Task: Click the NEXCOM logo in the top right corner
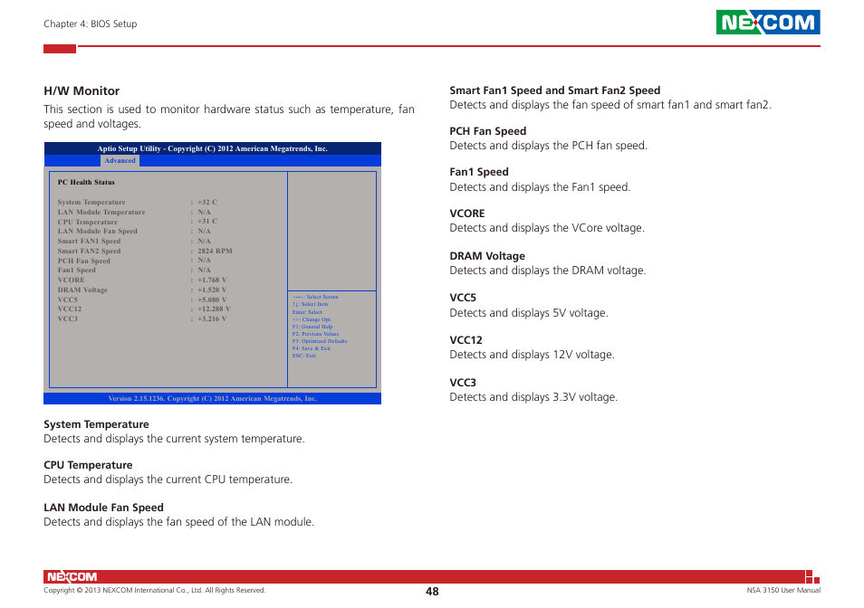(x=768, y=23)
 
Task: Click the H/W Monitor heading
(x=82, y=90)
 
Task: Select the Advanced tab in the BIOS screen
(x=120, y=161)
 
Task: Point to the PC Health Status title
(x=86, y=183)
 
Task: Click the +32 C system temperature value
(x=207, y=203)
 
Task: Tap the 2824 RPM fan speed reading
(x=215, y=251)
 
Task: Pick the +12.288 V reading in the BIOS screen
(x=214, y=309)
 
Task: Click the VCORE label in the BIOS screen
(x=71, y=280)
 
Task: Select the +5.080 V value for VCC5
(x=212, y=299)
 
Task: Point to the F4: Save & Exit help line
(x=311, y=348)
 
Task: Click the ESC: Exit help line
(x=303, y=356)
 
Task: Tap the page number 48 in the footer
(x=432, y=591)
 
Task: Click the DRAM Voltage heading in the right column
(x=487, y=256)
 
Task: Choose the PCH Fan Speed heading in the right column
(x=488, y=131)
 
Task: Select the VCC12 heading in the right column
(x=466, y=340)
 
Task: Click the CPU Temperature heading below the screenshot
(x=88, y=465)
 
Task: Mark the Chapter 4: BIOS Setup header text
(x=91, y=24)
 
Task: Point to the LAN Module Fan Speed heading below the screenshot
(x=103, y=508)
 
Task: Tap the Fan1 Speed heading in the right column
(x=479, y=172)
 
